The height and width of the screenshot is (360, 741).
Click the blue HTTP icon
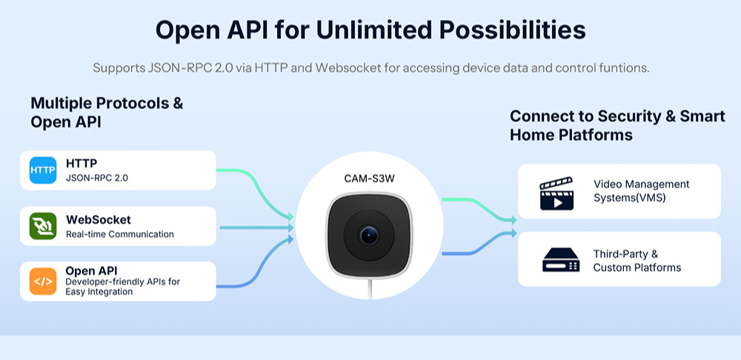tap(43, 170)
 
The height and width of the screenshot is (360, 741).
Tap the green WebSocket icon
tap(43, 226)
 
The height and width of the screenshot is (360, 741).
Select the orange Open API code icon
tap(43, 281)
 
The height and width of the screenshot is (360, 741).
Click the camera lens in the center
tap(368, 235)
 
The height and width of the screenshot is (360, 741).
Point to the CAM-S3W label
tap(369, 179)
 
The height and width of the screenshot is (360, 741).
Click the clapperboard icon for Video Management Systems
tap(556, 193)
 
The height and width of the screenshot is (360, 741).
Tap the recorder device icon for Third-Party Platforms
tap(560, 260)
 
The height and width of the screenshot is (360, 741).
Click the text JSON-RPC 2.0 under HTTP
tap(97, 179)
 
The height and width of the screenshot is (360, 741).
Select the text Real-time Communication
tap(119, 234)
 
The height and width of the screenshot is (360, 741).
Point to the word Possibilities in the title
tap(513, 30)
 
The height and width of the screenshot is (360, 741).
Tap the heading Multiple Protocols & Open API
tap(107, 113)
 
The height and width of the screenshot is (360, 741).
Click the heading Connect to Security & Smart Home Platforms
tap(617, 125)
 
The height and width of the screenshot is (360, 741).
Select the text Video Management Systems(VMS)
tap(641, 191)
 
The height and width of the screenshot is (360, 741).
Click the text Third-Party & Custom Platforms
tap(637, 261)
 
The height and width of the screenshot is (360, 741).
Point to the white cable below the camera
tap(371, 289)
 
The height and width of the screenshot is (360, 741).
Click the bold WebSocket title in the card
tap(99, 220)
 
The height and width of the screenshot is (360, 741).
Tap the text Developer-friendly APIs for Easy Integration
tap(123, 287)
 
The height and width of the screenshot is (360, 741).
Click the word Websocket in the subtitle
tap(349, 67)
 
